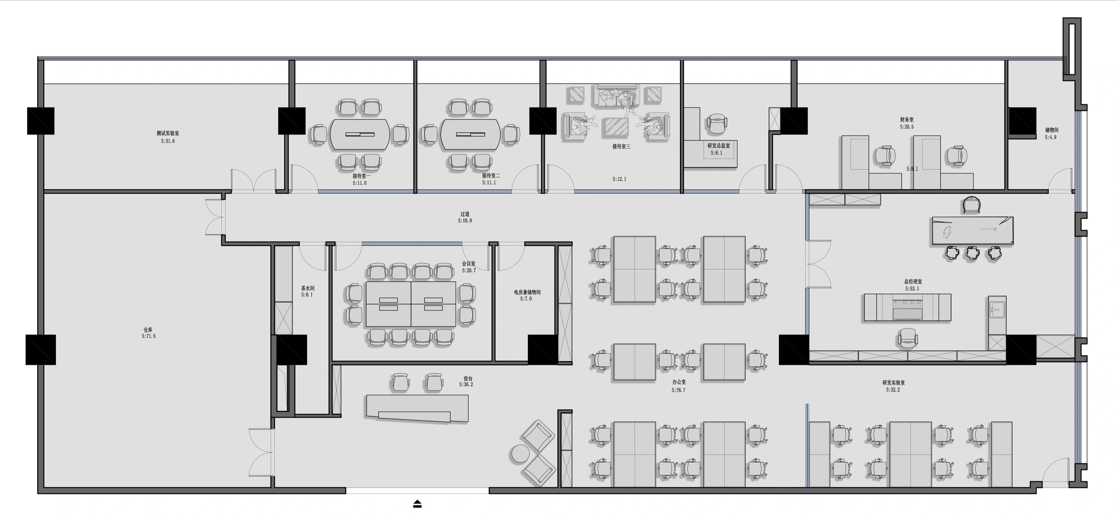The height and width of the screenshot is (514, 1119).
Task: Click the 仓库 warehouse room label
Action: (x=148, y=330)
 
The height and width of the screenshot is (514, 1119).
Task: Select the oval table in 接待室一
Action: (x=360, y=134)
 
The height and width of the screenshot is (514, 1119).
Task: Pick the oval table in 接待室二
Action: (x=471, y=134)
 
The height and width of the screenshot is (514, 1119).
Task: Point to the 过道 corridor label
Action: (x=465, y=214)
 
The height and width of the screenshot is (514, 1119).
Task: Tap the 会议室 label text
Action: (x=469, y=263)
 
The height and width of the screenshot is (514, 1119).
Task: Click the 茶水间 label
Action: (x=308, y=288)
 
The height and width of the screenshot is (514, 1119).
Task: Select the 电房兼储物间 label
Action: (x=527, y=292)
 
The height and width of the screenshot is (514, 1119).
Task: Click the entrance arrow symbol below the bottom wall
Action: (x=417, y=504)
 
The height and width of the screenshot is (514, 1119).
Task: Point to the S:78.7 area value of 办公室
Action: (x=679, y=390)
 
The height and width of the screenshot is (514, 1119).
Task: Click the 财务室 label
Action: (x=906, y=119)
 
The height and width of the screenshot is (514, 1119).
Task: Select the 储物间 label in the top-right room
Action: (x=1052, y=130)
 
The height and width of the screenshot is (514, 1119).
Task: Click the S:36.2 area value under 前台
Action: (x=466, y=385)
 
